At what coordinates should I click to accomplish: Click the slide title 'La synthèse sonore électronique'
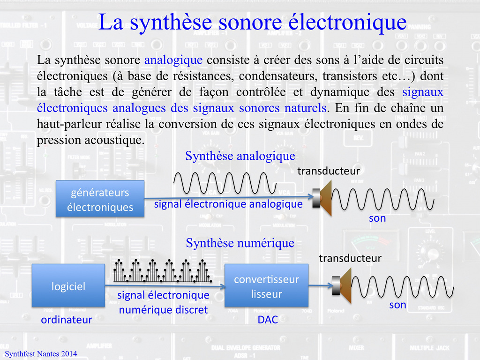252,22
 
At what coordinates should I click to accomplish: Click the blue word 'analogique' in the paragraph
173,60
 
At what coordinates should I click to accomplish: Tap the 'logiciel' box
68,286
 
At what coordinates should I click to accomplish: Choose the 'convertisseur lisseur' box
266,287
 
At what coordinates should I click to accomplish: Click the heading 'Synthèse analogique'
240,156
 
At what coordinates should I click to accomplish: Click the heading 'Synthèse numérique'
240,243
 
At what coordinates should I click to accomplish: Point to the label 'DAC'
268,320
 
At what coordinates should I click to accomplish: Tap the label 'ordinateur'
66,320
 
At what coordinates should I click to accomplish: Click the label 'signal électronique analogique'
228,204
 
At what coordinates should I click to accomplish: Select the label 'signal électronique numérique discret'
163,302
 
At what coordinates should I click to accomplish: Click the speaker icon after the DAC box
343,285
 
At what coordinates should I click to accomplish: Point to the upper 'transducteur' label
329,172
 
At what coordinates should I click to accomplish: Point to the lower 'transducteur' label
350,258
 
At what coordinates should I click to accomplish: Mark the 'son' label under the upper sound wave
377,218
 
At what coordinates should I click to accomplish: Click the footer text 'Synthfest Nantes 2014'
41,354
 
